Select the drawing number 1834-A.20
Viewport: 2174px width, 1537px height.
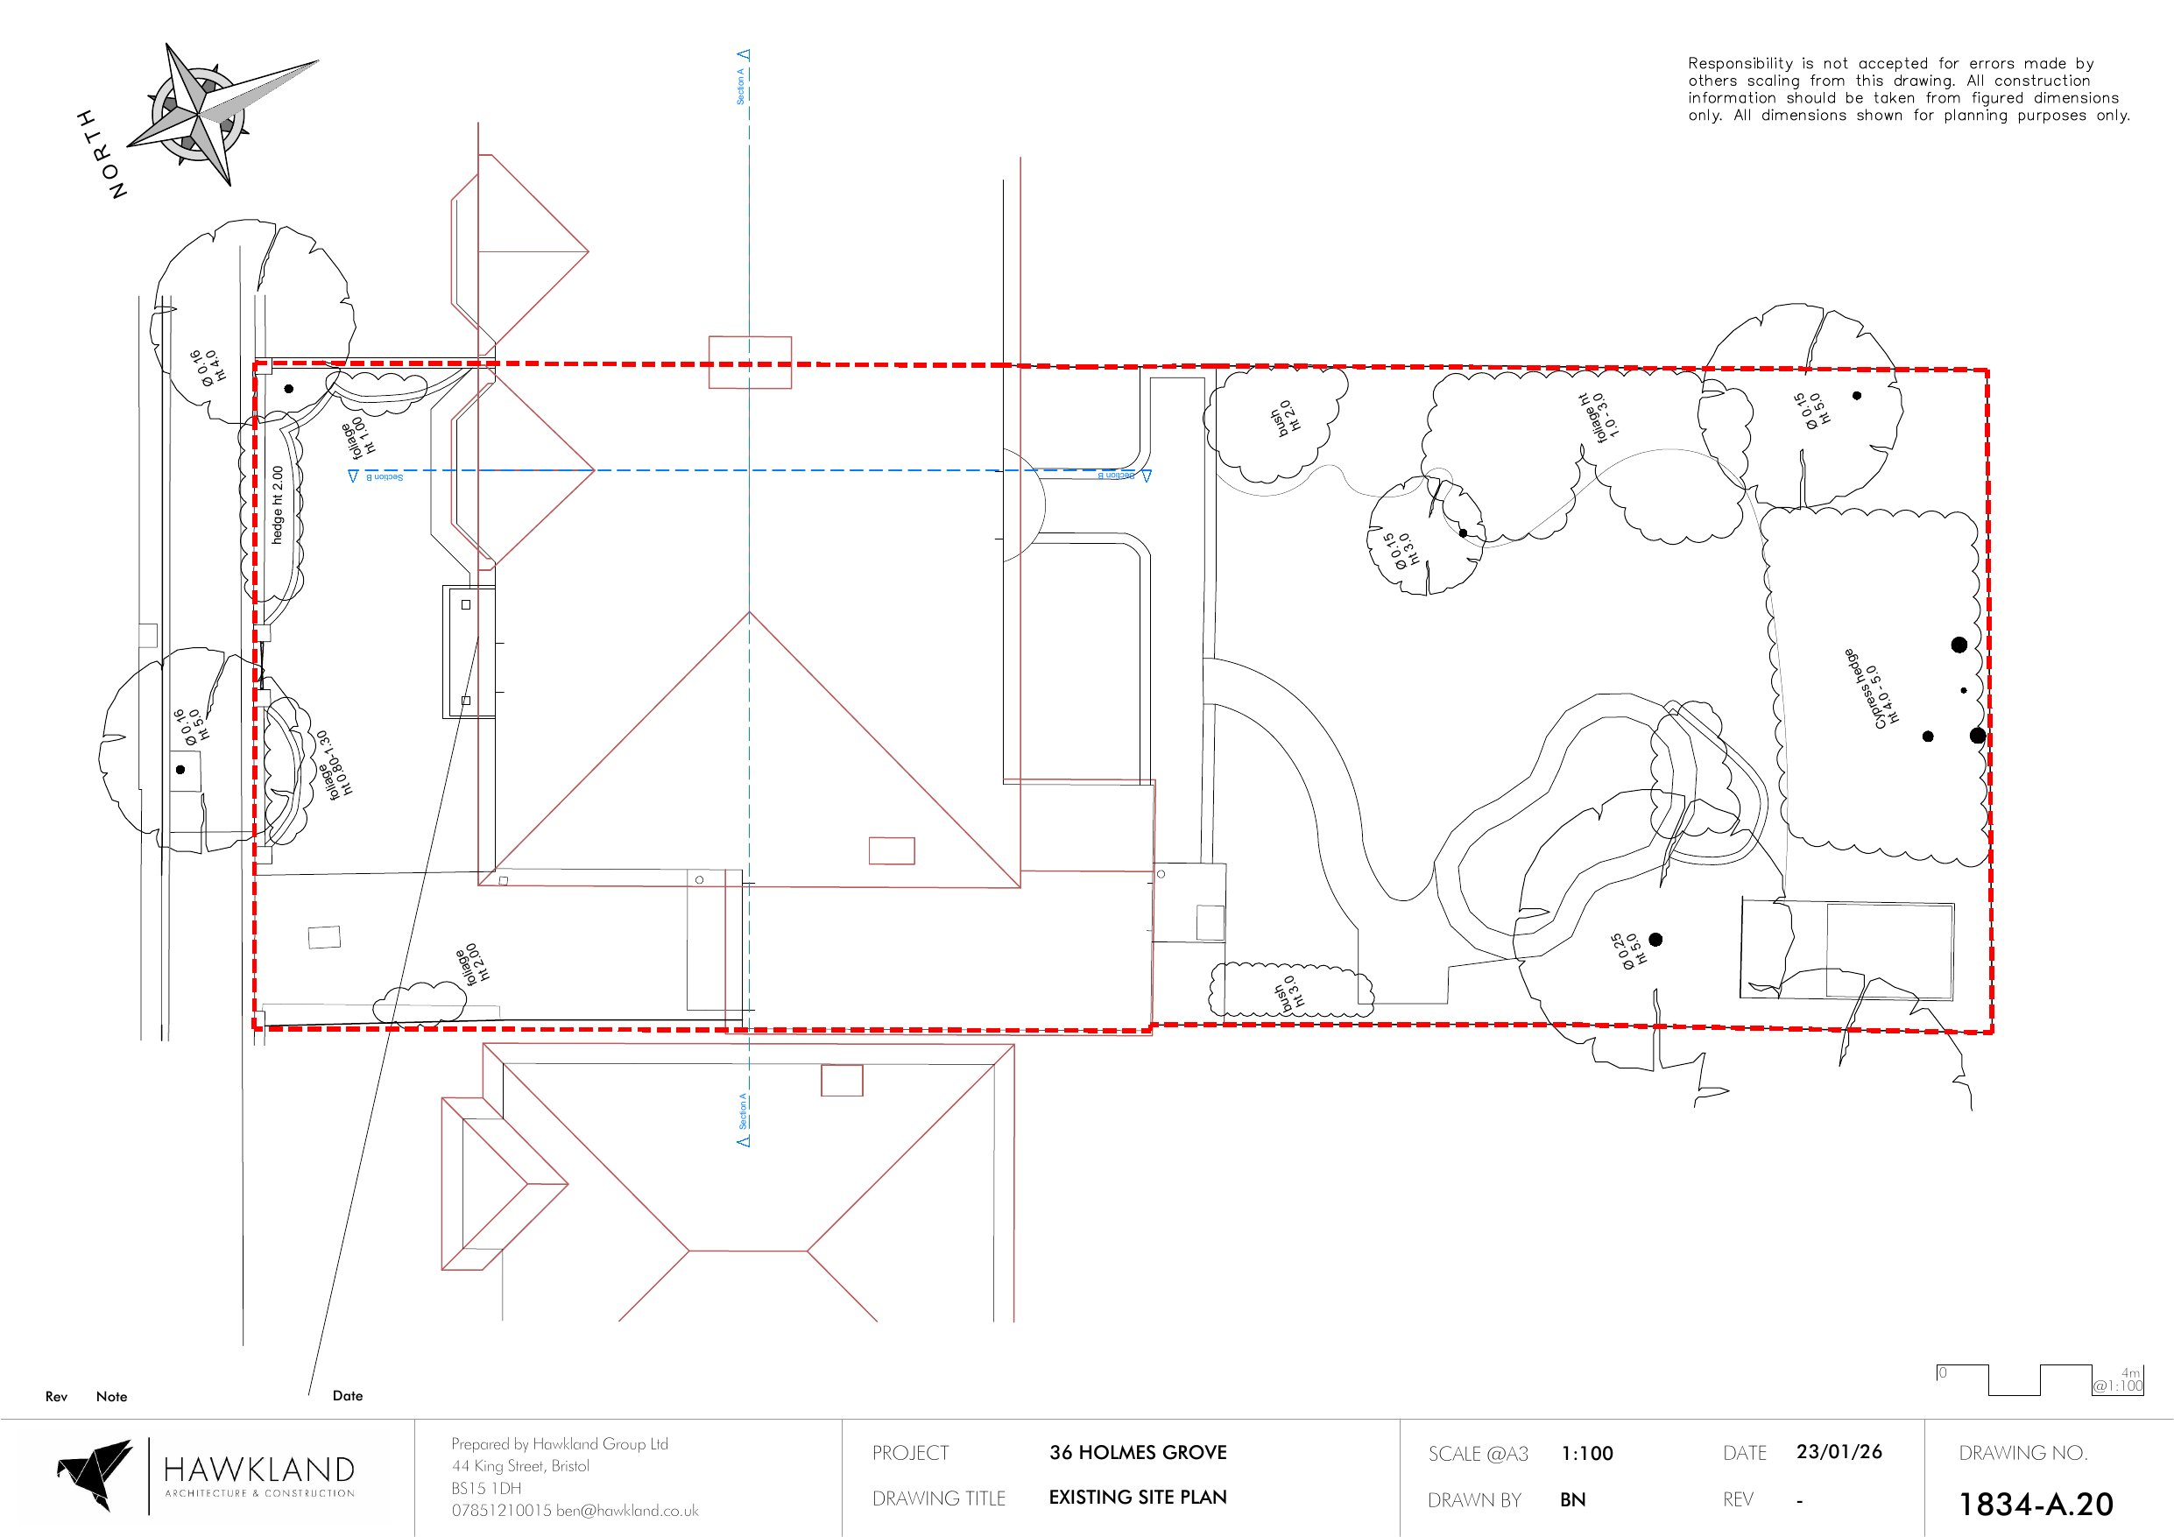coord(2035,1504)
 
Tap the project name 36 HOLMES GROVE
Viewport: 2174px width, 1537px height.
coord(1137,1453)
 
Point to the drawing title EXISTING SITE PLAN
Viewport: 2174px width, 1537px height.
coord(1137,1498)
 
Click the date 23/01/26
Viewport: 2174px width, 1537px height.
coord(1839,1452)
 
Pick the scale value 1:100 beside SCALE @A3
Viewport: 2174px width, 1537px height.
coord(1587,1454)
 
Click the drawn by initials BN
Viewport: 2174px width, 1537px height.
coord(1573,1500)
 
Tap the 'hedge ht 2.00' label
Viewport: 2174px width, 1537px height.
coord(278,504)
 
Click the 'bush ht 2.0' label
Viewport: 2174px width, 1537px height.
coord(1287,417)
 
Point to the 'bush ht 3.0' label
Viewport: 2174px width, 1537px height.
coord(1289,995)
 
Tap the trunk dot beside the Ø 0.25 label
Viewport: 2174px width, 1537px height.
coord(1655,940)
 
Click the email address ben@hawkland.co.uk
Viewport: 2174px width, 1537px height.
coord(627,1511)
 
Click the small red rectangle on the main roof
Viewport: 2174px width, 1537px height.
coord(891,850)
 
